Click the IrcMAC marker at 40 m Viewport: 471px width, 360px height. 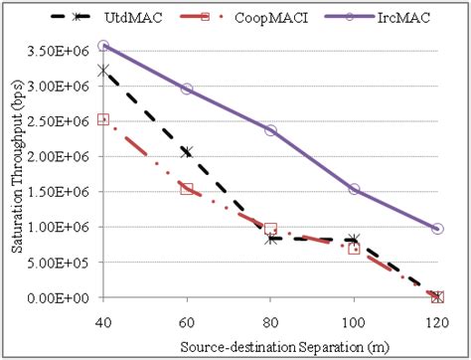pos(103,46)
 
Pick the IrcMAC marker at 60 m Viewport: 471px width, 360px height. pos(187,89)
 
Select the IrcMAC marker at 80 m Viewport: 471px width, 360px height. pos(270,130)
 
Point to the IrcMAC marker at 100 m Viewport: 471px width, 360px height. pos(354,189)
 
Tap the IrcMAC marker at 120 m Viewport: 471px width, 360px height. pos(437,229)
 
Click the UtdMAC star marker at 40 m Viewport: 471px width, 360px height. pos(103,70)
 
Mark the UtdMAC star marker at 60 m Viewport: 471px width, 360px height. pos(187,151)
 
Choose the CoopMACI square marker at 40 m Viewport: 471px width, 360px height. pos(103,119)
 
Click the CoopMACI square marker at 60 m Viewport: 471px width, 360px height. pos(187,188)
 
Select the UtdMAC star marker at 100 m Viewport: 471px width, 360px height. pos(354,240)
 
